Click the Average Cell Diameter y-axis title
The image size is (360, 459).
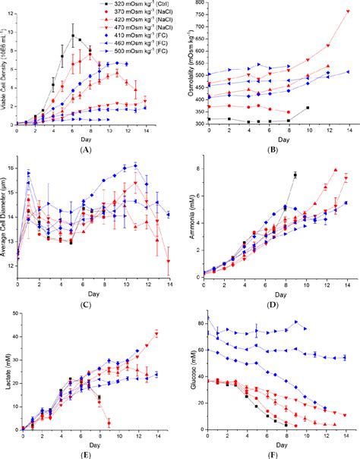pyautogui.click(x=5, y=220)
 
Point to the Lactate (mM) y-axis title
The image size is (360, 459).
pyautogui.click(x=5, y=374)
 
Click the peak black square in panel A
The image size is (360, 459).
pyautogui.click(x=73, y=36)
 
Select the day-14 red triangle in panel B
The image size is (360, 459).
pyautogui.click(x=348, y=12)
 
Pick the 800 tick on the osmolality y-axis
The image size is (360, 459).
pyautogui.click(x=201, y=3)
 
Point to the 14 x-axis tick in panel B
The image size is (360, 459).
pyautogui.click(x=348, y=132)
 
